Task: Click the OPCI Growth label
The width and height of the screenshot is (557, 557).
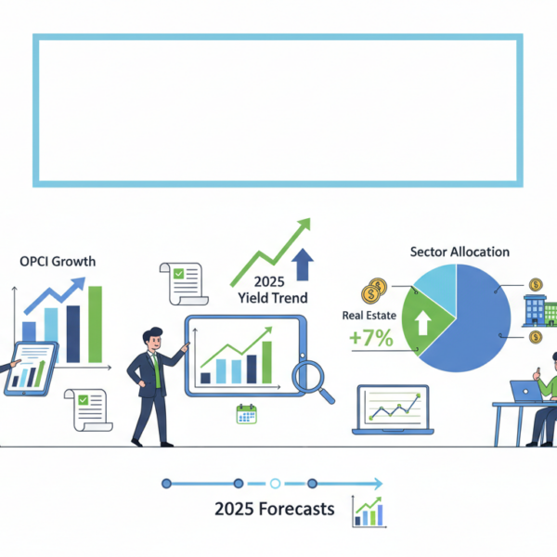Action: point(57,261)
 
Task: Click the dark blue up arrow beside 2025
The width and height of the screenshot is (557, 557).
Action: point(302,264)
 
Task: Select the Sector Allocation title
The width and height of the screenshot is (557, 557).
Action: point(459,252)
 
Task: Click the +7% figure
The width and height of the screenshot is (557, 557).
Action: point(369,339)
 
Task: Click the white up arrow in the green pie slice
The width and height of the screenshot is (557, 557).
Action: point(421,322)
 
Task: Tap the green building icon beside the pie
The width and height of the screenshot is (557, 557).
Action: point(538,310)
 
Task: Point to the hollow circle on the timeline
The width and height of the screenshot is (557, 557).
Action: point(275,483)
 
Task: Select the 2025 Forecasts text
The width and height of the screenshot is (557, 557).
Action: point(274,509)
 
